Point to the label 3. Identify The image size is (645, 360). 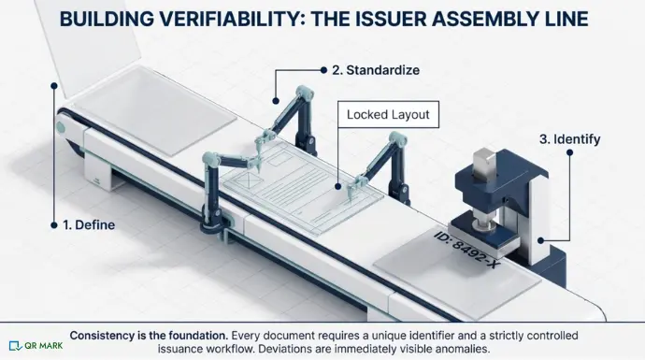pyautogui.click(x=570, y=139)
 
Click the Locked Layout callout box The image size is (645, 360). pyautogui.click(x=387, y=116)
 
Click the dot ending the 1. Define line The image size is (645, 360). pyautogui.click(x=54, y=84)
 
